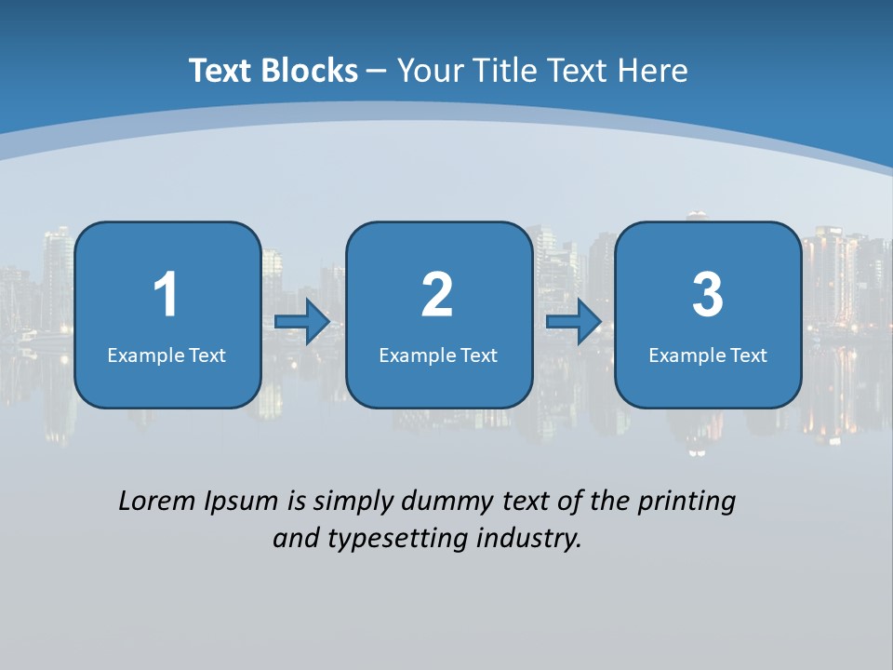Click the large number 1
pyautogui.click(x=167, y=295)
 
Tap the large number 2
pyautogui.click(x=437, y=295)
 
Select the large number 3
pyautogui.click(x=708, y=295)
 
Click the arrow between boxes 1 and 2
pyautogui.click(x=302, y=322)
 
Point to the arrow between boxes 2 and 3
pyautogui.click(x=574, y=322)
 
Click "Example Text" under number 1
pyautogui.click(x=167, y=355)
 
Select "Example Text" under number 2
pyautogui.click(x=438, y=355)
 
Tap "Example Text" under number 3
pyautogui.click(x=708, y=355)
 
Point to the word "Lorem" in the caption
pyautogui.click(x=156, y=501)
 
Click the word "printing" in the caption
pyautogui.click(x=686, y=502)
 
